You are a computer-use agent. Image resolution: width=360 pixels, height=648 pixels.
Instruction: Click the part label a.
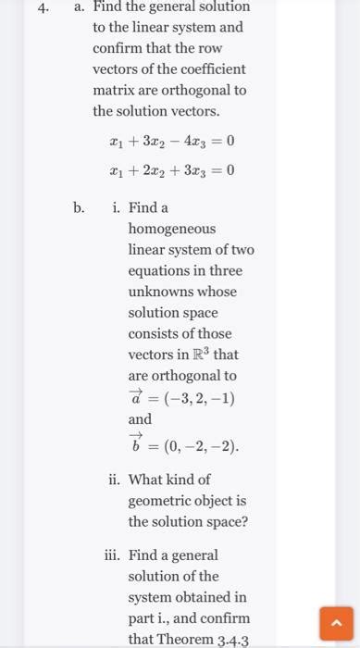[80, 7]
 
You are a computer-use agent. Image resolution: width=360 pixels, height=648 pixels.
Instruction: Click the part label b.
[80, 207]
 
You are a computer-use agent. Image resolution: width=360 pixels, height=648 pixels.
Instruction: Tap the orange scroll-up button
[335, 622]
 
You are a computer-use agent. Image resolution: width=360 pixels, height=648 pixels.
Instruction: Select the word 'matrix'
[114, 90]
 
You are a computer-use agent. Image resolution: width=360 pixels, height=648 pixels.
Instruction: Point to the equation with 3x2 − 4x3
[171, 142]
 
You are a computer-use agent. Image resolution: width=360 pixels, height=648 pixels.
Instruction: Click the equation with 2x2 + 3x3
[171, 170]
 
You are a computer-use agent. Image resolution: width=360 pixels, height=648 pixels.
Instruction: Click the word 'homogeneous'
[171, 229]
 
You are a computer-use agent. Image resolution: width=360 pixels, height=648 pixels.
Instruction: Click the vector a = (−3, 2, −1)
[181, 397]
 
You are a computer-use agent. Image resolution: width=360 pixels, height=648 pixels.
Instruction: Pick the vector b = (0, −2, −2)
[183, 446]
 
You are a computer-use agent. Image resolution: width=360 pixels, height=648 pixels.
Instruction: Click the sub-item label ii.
[114, 480]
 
